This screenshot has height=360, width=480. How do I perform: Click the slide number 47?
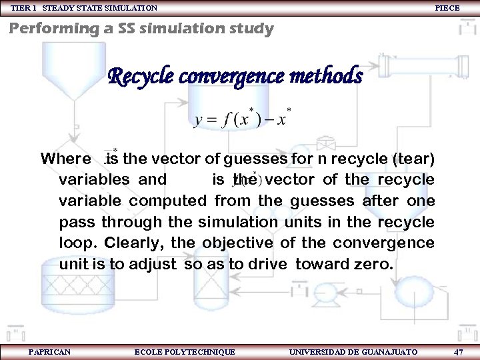458,351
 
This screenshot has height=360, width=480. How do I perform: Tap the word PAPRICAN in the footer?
49,351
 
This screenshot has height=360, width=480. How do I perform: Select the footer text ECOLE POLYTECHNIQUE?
185,351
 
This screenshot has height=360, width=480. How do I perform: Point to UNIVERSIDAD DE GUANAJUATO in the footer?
354,351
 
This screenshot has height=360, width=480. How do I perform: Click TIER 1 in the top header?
25,8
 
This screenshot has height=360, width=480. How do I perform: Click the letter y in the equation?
199,121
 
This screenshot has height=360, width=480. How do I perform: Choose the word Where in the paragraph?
65,159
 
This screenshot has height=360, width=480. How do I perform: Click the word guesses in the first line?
255,159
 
